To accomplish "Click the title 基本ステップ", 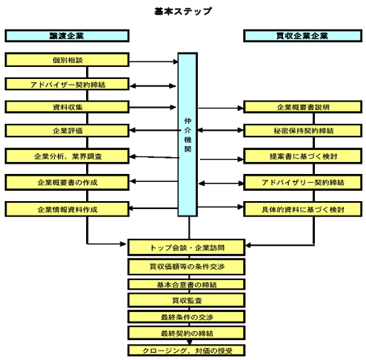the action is tap(183, 11).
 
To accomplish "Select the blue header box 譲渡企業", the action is tap(67, 36).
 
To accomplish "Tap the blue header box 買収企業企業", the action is tap(302, 36).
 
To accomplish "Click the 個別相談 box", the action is tap(67, 60).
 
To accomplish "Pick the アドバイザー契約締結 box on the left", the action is tap(67, 84).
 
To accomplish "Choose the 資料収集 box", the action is tap(67, 107).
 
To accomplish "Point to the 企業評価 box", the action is tap(67, 131).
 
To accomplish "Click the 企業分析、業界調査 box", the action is tap(67, 156).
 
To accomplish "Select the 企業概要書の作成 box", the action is tap(67, 182).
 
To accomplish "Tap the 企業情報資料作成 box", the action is tap(67, 209).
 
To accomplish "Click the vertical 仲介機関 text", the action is tap(187, 135).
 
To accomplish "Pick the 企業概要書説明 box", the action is tap(302, 107).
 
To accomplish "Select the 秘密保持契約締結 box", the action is tap(302, 131).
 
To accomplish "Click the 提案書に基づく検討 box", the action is tap(302, 156).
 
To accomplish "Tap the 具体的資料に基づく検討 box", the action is tap(302, 209).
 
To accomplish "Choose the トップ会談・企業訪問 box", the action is tap(187, 247).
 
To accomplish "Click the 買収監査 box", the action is tap(187, 300).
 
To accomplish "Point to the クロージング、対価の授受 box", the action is tap(187, 350).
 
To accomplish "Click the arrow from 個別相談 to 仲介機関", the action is tap(154, 61).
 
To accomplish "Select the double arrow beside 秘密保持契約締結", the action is tap(220, 130).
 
